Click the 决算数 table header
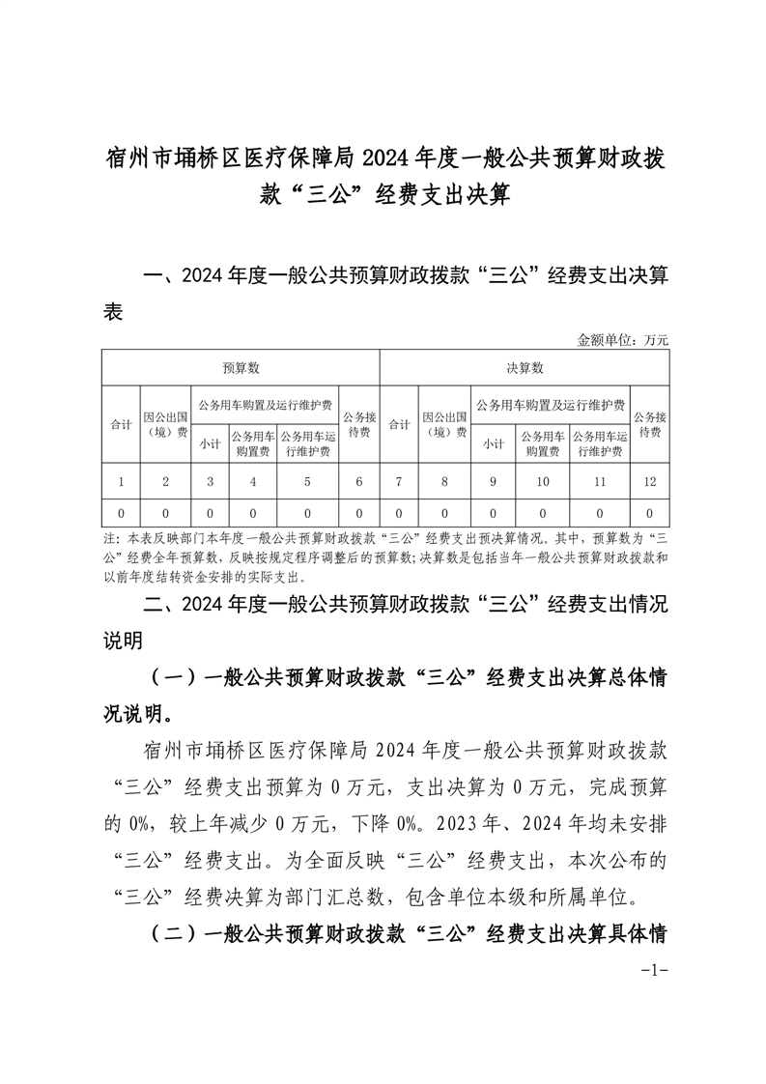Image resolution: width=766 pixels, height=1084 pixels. [525, 368]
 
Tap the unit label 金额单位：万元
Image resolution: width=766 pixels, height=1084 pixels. [622, 340]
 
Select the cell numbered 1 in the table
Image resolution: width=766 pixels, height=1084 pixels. [121, 481]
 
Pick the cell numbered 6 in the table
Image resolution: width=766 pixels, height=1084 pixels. [359, 481]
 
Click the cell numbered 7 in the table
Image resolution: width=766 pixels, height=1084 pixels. [398, 481]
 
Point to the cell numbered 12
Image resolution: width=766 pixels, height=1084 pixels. [649, 481]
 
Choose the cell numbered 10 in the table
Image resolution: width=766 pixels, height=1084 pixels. [543, 481]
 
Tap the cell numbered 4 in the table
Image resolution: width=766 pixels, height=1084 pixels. [253, 481]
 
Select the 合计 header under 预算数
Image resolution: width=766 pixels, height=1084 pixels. [121, 424]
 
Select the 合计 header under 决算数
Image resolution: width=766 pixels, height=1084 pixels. [398, 424]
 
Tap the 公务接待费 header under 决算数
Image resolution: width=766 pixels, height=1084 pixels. [649, 424]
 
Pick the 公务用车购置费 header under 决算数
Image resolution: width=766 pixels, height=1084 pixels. [543, 443]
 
